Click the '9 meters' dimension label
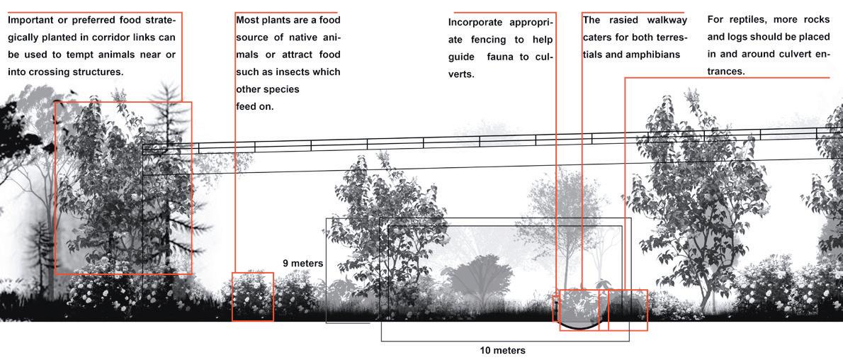tap(302, 264)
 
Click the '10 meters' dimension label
tap(502, 351)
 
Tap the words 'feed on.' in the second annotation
tap(254, 107)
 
